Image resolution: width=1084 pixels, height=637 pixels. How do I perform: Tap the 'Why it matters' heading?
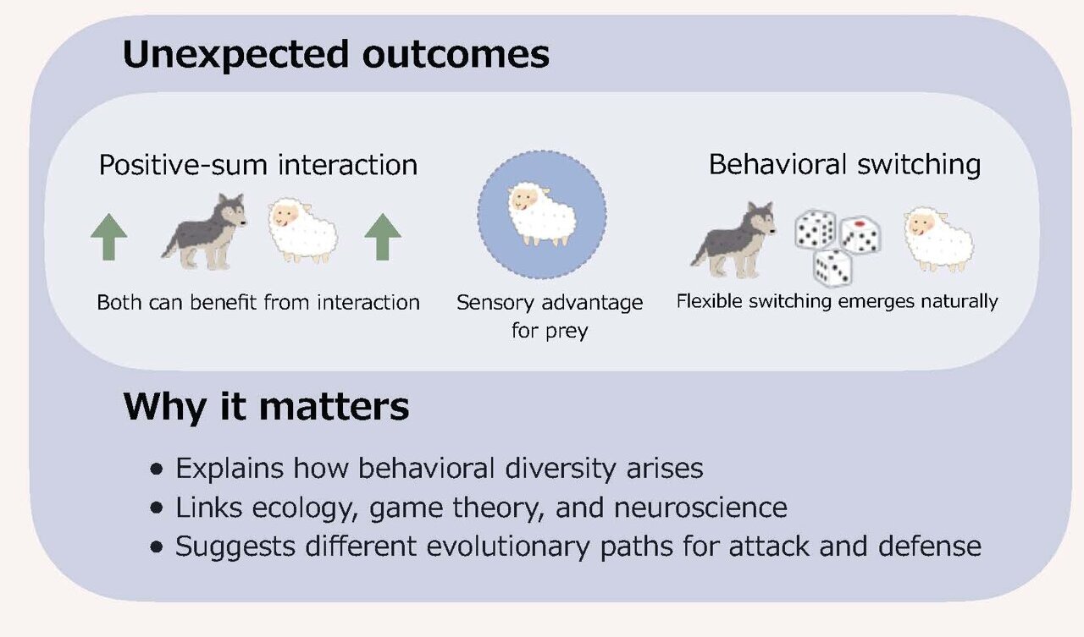[266, 407]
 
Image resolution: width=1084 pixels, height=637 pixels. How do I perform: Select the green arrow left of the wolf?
[109, 237]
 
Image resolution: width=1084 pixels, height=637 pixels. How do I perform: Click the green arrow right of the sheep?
[383, 237]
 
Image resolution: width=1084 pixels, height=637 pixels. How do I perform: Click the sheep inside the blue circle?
[541, 216]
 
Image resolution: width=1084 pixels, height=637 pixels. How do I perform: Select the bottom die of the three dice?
[832, 266]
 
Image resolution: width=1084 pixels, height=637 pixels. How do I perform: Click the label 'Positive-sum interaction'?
[258, 164]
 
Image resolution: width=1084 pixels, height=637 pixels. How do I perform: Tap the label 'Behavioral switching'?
[844, 164]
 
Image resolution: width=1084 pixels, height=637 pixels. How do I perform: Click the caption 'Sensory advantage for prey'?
[549, 316]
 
